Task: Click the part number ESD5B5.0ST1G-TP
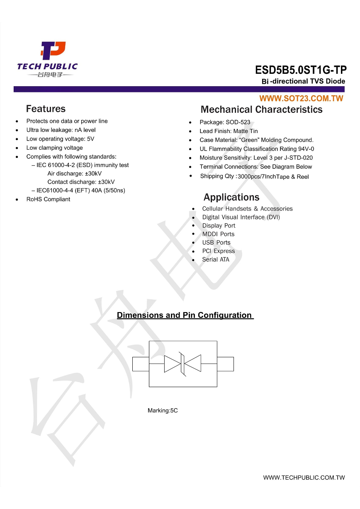click(301, 70)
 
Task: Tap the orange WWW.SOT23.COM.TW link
click(301, 99)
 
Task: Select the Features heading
click(46, 109)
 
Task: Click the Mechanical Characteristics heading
click(261, 110)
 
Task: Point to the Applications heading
click(231, 197)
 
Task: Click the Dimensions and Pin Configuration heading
click(185, 315)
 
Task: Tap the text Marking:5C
click(163, 411)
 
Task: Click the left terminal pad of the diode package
click(141, 364)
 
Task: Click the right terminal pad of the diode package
click(225, 364)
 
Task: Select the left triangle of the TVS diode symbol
click(172, 364)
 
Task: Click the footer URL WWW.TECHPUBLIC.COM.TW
click(304, 478)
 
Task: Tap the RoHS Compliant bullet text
click(48, 199)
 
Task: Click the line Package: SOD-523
click(225, 122)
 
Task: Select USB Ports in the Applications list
click(216, 242)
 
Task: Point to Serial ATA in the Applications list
click(216, 259)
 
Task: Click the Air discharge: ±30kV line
click(75, 174)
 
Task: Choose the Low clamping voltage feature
click(54, 148)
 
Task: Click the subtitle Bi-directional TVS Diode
click(304, 81)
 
